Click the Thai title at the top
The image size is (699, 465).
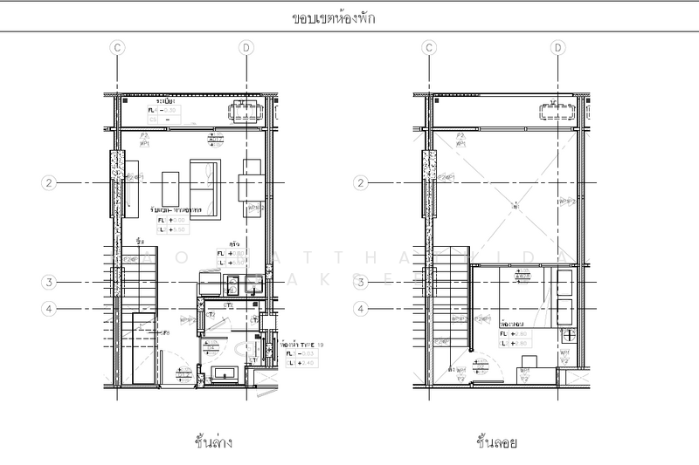(335, 17)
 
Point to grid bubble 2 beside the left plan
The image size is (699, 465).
(50, 182)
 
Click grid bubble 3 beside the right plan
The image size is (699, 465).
(361, 282)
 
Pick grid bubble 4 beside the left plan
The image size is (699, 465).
(50, 307)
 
